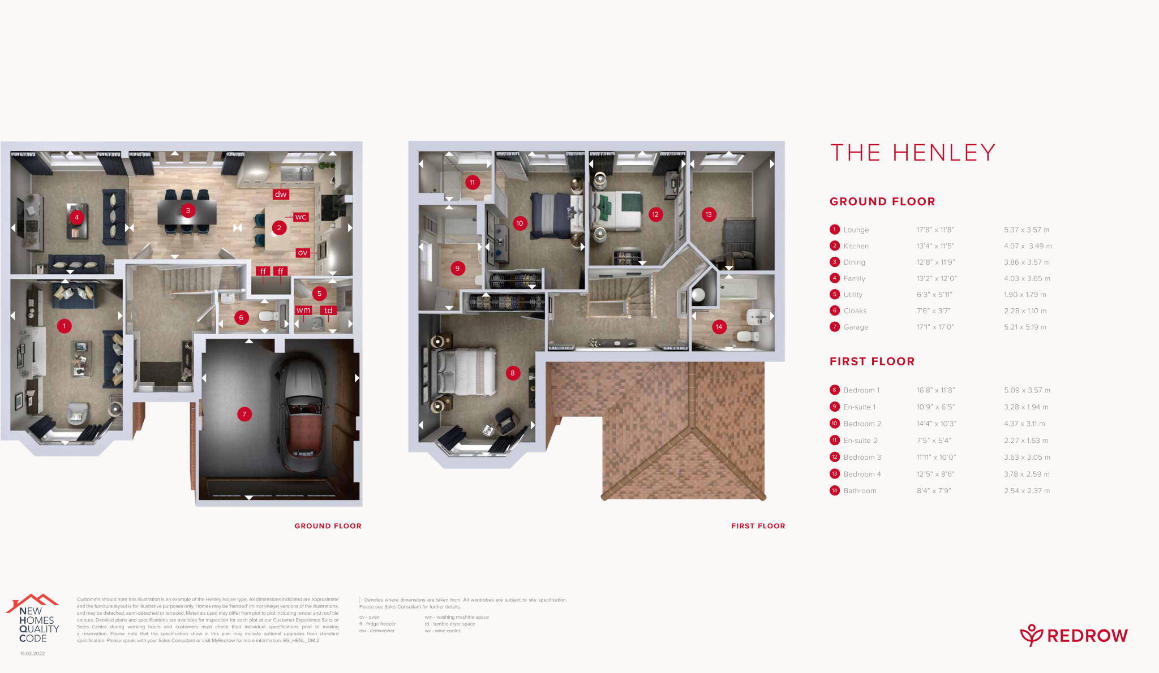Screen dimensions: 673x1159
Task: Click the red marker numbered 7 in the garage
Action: tap(244, 414)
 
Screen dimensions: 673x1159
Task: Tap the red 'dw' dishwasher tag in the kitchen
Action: tap(281, 194)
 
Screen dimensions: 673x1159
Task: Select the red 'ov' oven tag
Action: tap(303, 253)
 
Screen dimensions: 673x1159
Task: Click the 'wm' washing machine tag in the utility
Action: tap(303, 310)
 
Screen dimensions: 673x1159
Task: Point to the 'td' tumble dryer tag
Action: tap(328, 310)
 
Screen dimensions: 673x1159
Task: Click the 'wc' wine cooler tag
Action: tap(301, 217)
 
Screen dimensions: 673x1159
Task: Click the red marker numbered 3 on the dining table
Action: tap(188, 210)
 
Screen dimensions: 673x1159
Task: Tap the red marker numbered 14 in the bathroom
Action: tap(719, 327)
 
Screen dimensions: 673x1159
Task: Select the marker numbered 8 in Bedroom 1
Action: tap(513, 373)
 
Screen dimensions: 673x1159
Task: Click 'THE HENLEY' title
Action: tap(912, 153)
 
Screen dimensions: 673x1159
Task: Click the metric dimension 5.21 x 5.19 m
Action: tap(1025, 327)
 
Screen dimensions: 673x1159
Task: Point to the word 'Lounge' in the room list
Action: tap(856, 230)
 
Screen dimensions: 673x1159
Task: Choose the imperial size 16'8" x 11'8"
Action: tap(935, 390)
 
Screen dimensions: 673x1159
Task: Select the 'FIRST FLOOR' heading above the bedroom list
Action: tap(872, 361)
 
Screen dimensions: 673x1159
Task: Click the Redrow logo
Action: tap(1074, 636)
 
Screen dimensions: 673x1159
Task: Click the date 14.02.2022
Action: tap(32, 654)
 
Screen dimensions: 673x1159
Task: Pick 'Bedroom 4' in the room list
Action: tap(862, 474)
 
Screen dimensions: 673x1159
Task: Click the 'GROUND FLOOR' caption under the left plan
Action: tap(328, 526)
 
